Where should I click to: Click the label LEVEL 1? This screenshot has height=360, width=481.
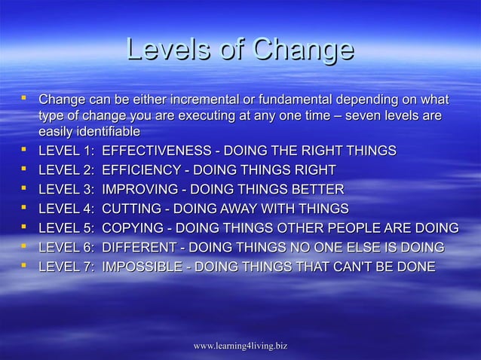point(65,151)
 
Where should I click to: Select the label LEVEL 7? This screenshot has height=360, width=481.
point(65,266)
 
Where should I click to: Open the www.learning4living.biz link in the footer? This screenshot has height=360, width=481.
point(240,345)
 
